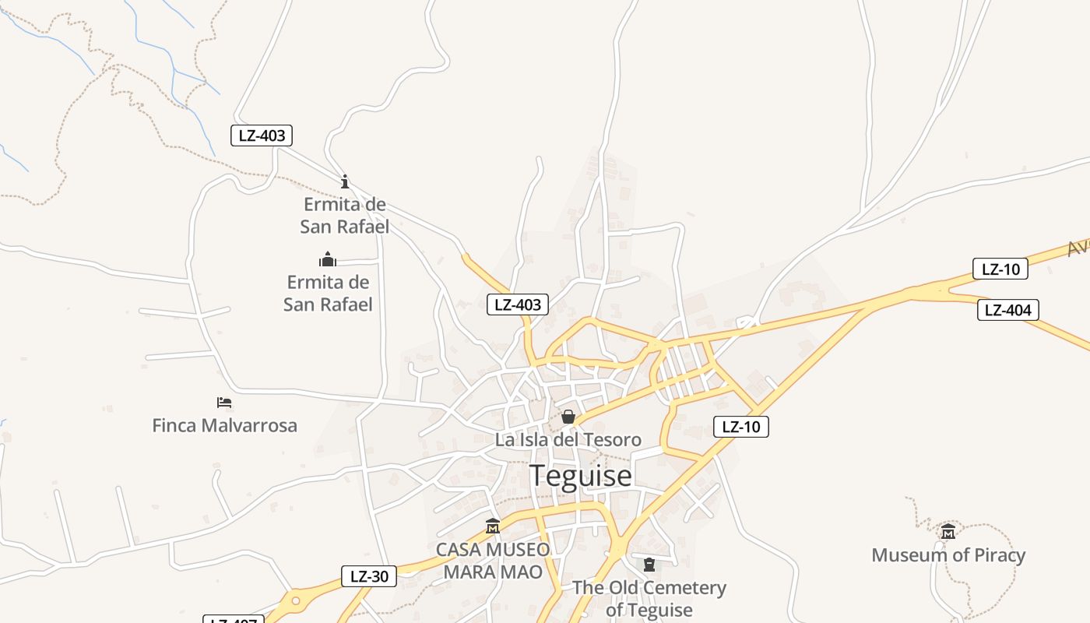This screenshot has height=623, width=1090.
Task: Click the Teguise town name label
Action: tap(580, 475)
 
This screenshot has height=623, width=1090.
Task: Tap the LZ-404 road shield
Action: tap(1007, 310)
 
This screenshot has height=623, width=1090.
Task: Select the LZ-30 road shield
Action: tap(369, 576)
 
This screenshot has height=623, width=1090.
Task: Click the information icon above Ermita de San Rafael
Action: tap(345, 181)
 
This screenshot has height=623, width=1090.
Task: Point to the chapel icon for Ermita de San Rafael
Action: tap(328, 259)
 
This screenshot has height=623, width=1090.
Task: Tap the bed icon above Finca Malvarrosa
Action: tap(224, 403)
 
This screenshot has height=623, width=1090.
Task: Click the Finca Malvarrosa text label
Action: tap(224, 425)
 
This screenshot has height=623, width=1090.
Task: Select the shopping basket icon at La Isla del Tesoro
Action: tap(568, 417)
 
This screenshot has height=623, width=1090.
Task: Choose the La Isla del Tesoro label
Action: tap(568, 440)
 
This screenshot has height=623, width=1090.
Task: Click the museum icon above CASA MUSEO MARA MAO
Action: tap(492, 526)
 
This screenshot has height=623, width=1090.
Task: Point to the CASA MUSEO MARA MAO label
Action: tap(492, 561)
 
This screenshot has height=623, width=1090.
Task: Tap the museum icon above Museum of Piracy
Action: tap(948, 532)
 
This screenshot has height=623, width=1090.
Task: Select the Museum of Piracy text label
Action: tap(948, 555)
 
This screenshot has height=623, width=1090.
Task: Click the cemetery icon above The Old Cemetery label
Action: tap(649, 565)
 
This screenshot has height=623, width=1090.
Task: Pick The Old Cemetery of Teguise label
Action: tap(649, 598)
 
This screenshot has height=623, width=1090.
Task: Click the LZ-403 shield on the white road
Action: tap(262, 136)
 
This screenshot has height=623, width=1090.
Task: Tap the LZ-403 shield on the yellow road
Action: tap(518, 304)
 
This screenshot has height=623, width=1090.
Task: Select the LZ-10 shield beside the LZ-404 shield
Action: tap(1000, 269)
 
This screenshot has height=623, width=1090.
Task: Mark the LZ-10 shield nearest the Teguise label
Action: tap(741, 427)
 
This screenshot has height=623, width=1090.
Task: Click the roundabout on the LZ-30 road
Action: tap(295, 601)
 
